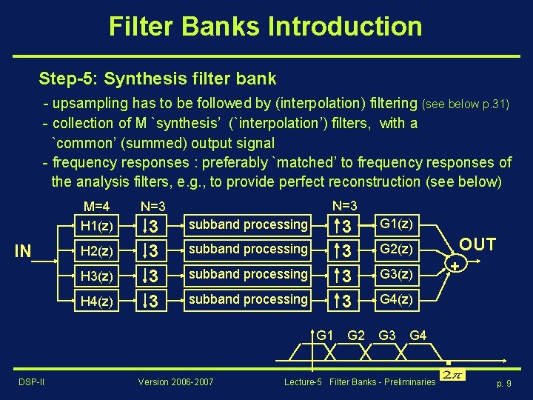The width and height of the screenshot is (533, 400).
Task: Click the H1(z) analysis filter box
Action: (x=95, y=224)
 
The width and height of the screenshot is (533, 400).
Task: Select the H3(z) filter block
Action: (x=95, y=275)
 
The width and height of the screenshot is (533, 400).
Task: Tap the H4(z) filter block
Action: (x=95, y=300)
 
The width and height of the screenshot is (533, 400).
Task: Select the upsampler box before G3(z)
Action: (x=341, y=276)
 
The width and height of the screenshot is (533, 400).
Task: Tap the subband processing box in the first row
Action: (x=248, y=224)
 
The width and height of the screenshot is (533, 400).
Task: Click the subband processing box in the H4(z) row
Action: (x=248, y=300)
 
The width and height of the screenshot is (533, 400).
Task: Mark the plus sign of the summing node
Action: (x=454, y=264)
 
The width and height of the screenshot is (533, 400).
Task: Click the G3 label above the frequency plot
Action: (x=387, y=336)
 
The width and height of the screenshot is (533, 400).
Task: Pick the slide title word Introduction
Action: (x=345, y=27)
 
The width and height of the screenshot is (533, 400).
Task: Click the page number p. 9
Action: (x=503, y=383)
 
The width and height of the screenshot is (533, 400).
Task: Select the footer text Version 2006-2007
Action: (x=176, y=381)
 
